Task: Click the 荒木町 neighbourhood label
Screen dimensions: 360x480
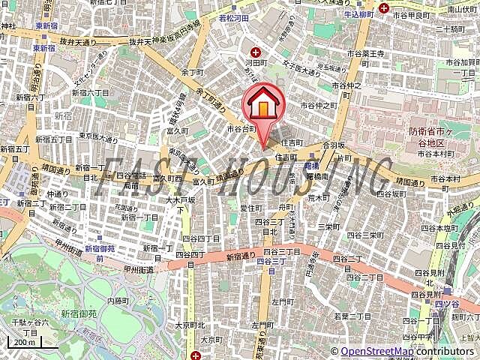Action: pyautogui.click(x=319, y=198)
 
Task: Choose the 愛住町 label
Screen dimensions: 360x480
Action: pyautogui.click(x=250, y=208)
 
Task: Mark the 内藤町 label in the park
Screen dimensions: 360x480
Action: pyautogui.click(x=118, y=300)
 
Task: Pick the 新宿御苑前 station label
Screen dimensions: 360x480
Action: pyautogui.click(x=100, y=253)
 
